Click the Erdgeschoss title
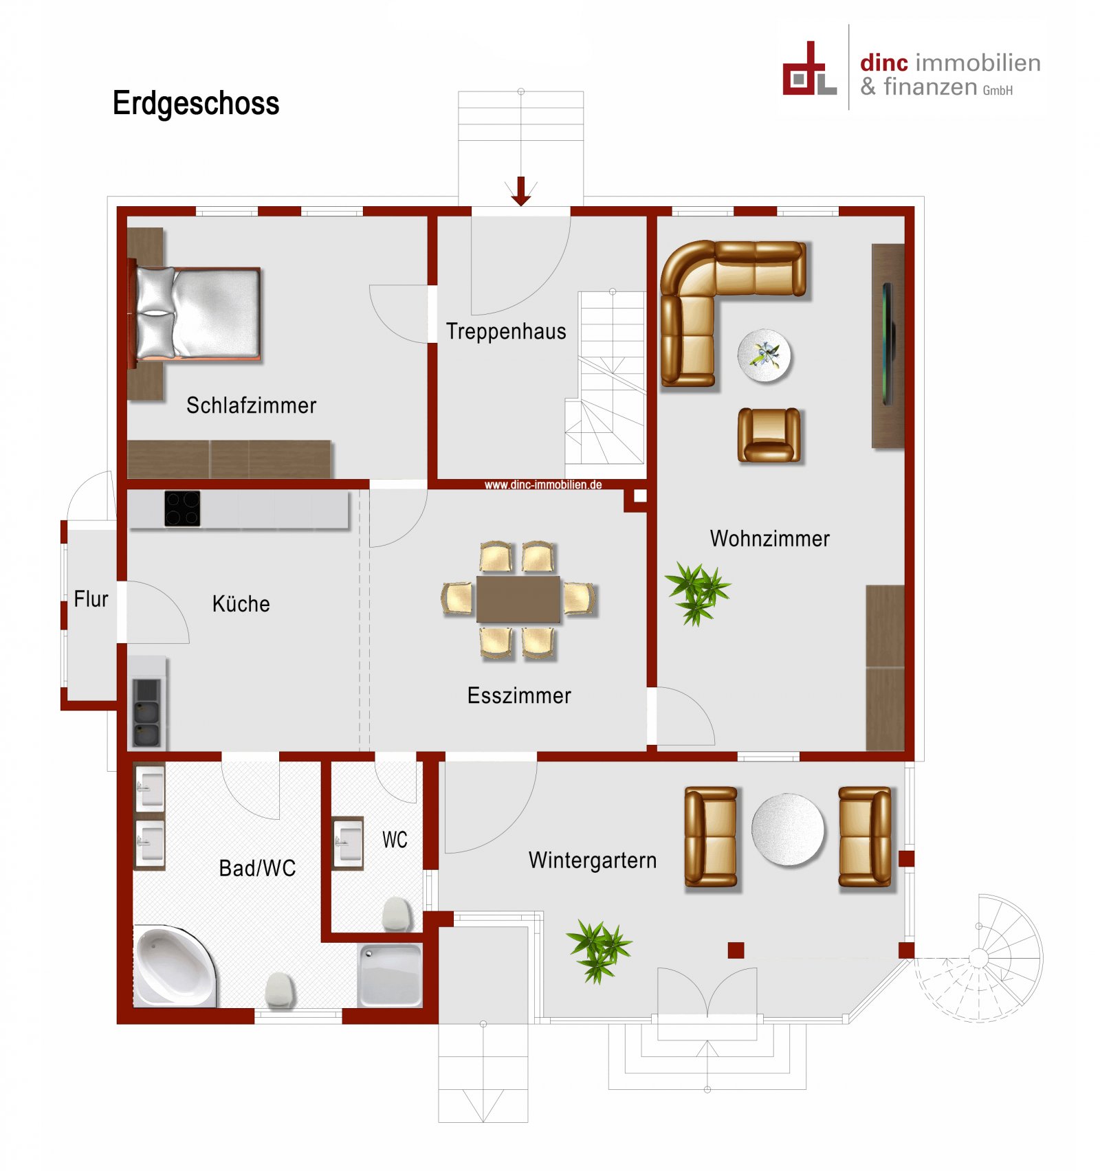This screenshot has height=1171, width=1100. point(196,104)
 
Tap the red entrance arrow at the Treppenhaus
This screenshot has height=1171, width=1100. point(520,191)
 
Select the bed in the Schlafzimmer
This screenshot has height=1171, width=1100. point(199,313)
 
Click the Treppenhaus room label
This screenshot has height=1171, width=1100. point(506,331)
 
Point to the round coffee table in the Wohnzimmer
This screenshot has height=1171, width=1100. point(764,355)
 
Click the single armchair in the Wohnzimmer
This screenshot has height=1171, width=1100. point(769,434)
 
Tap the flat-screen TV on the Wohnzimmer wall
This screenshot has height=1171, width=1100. point(888,344)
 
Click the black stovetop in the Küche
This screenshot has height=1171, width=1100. point(182,509)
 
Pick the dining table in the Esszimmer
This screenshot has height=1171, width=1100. point(518,599)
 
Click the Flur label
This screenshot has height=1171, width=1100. point(91,599)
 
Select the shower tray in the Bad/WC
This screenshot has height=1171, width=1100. point(390,975)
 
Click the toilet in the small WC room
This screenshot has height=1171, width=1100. point(397,913)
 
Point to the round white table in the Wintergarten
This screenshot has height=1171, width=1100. point(787,829)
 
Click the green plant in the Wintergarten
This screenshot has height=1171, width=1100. point(598,950)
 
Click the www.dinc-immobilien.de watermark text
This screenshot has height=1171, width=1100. point(542,484)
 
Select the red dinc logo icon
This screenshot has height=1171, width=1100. point(809,70)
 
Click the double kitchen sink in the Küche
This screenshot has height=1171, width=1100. point(146,713)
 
